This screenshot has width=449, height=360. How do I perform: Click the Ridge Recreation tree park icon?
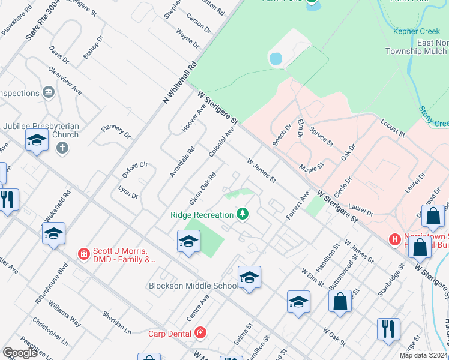tap(243, 214)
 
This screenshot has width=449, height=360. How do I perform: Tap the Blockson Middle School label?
tap(194, 286)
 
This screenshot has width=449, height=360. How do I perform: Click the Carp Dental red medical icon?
tap(200, 332)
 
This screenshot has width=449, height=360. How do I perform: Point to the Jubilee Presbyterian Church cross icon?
tap(62, 147)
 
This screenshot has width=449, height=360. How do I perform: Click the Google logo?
tap(20, 353)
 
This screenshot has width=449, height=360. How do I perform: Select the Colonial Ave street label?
tap(221, 142)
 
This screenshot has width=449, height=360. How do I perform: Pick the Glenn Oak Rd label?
tap(202, 188)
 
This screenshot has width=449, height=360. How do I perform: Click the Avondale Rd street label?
tap(182, 162)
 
